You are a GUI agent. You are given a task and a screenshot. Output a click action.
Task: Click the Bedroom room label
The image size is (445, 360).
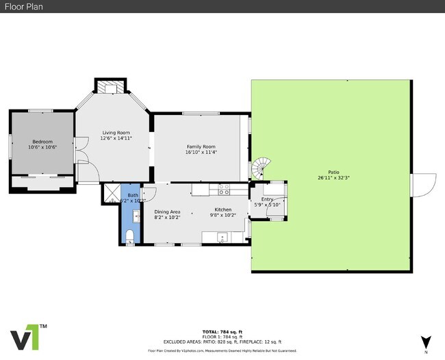(42, 141)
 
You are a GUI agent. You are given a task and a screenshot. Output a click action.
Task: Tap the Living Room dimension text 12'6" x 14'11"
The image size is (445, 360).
(116, 138)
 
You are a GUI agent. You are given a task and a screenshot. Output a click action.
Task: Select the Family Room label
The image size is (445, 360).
(201, 146)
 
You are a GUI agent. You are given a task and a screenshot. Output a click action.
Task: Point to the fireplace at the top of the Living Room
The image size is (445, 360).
(110, 87)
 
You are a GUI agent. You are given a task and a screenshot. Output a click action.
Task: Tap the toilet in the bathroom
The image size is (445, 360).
(130, 236)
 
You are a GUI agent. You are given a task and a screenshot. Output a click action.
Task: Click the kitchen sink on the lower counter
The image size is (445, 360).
(221, 237)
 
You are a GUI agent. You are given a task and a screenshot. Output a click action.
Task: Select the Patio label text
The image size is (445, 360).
(333, 172)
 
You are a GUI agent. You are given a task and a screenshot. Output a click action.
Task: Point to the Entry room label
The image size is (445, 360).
(267, 199)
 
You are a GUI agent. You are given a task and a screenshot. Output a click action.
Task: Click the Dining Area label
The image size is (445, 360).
(167, 211)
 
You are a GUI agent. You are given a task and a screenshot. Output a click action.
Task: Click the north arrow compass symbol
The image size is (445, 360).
(427, 341)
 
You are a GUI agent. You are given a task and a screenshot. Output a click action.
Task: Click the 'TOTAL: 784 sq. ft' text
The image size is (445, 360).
(222, 331)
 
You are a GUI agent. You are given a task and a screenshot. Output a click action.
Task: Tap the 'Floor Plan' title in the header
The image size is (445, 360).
(21, 6)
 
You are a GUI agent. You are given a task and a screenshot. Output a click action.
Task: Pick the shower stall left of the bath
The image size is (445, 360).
(110, 194)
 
